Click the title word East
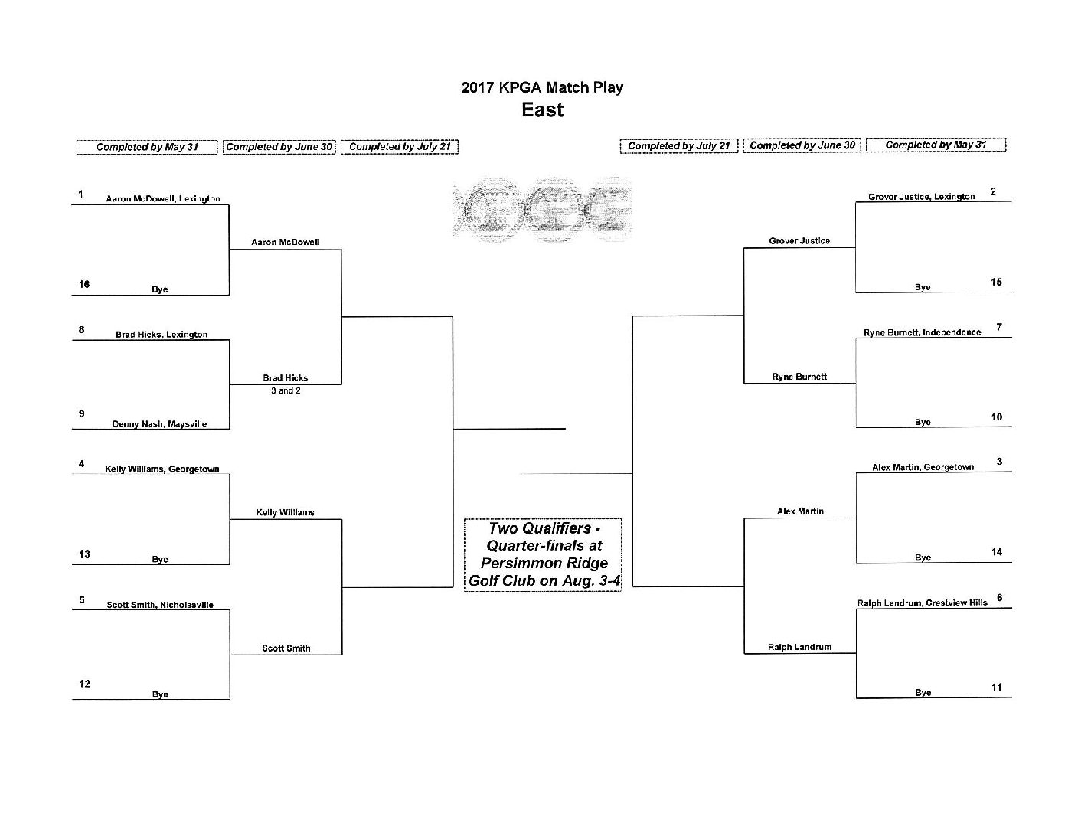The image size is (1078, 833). (542, 109)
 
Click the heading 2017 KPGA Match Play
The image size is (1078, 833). (542, 87)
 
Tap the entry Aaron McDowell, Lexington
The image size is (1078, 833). (163, 198)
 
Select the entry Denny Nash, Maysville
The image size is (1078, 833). (160, 423)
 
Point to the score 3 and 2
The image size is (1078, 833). (286, 390)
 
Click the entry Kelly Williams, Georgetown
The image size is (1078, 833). (162, 469)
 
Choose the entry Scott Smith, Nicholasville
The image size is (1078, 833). (160, 604)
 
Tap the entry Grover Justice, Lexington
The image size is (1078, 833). (922, 197)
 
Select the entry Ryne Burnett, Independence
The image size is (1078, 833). (923, 332)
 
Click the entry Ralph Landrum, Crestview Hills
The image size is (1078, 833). (923, 603)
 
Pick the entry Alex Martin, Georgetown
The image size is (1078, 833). (923, 467)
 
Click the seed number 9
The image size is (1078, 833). (82, 413)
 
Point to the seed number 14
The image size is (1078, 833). (997, 552)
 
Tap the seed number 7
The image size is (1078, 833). (999, 326)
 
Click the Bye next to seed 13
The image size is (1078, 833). (160, 559)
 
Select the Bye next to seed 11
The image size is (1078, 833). (923, 692)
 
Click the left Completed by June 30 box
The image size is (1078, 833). (279, 147)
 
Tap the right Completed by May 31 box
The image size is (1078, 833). (936, 145)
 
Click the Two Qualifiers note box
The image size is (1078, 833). (544, 554)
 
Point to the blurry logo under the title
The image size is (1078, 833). (542, 209)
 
